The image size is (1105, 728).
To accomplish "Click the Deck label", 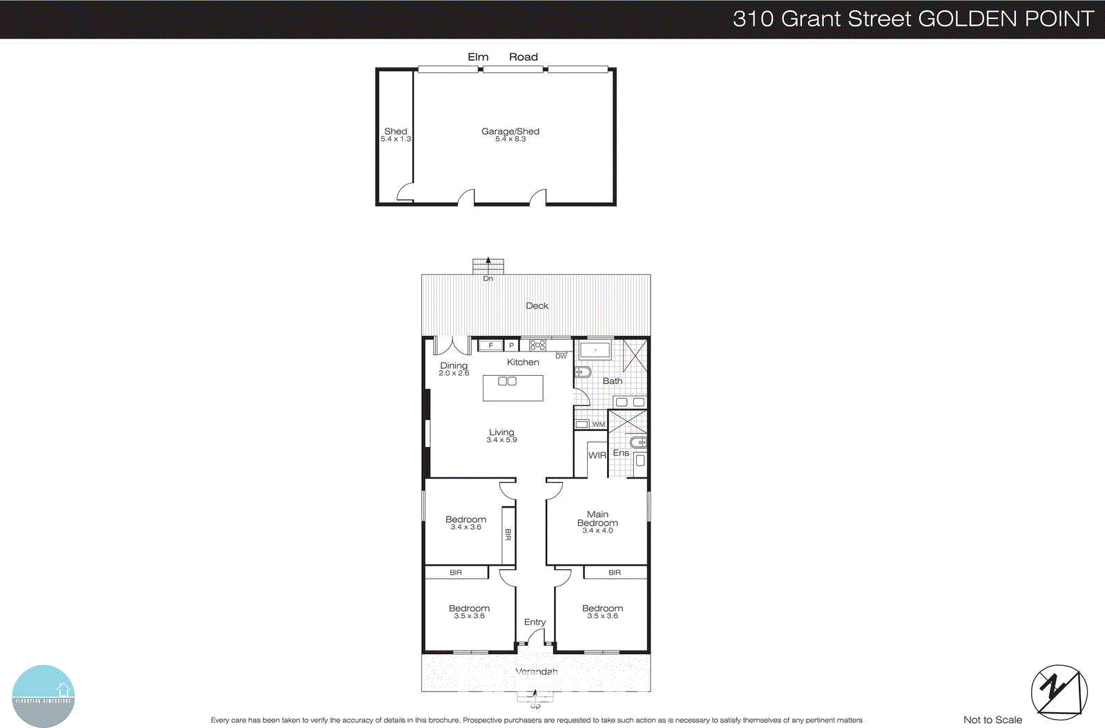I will click(x=537, y=305).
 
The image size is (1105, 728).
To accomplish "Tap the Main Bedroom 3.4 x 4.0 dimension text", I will click(x=597, y=530).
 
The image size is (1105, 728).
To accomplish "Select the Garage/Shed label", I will click(x=510, y=131).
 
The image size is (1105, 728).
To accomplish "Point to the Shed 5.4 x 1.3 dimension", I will click(x=396, y=139).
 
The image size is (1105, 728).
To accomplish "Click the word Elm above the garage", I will click(x=478, y=57).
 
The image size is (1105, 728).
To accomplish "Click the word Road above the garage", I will click(x=523, y=57).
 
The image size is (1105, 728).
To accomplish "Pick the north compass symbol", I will click(x=1059, y=692).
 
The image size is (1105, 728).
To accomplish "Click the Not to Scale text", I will click(x=992, y=720).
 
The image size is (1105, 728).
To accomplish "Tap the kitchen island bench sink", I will click(x=507, y=381).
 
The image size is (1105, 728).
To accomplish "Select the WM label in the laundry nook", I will click(x=598, y=424).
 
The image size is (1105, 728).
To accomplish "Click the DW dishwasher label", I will click(x=561, y=356).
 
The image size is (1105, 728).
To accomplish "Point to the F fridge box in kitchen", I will click(x=490, y=345).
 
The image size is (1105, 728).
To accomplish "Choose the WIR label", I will click(x=597, y=455).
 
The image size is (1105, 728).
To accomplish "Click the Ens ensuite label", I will click(x=621, y=453).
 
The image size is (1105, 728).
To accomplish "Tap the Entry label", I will click(x=535, y=622).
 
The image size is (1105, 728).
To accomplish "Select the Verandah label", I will click(x=536, y=671).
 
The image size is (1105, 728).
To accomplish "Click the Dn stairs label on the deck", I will click(x=488, y=278).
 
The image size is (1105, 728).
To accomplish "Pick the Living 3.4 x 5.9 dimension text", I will click(x=501, y=439).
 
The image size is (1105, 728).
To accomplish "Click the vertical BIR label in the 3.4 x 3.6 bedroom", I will click(x=508, y=535).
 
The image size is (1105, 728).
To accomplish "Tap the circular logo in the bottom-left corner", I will click(x=43, y=696).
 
